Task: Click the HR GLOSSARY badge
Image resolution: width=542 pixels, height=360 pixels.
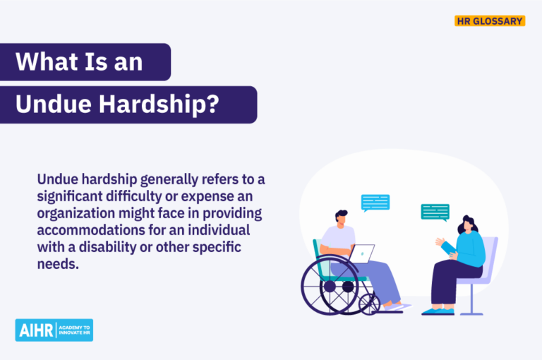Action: click(489, 21)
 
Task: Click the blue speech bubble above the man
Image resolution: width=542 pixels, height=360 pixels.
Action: click(375, 203)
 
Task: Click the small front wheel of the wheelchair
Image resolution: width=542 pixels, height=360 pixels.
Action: click(369, 304)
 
